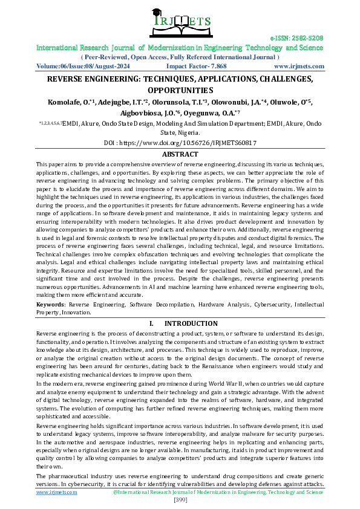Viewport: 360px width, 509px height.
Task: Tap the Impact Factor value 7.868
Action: tap(215, 66)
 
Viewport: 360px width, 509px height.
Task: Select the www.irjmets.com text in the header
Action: tap(299, 66)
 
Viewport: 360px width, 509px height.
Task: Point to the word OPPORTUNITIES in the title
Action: tap(180, 89)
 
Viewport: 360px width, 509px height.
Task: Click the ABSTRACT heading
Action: tap(180, 154)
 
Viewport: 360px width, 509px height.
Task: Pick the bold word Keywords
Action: tap(51, 305)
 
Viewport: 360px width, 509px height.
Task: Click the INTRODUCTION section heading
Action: tap(191, 323)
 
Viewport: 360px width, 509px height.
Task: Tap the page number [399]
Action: tap(180, 499)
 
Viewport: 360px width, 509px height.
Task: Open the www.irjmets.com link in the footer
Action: tap(57, 492)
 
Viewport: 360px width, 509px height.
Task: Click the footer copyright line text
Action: tap(218, 492)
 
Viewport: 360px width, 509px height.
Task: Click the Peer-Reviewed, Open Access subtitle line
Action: tap(180, 56)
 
